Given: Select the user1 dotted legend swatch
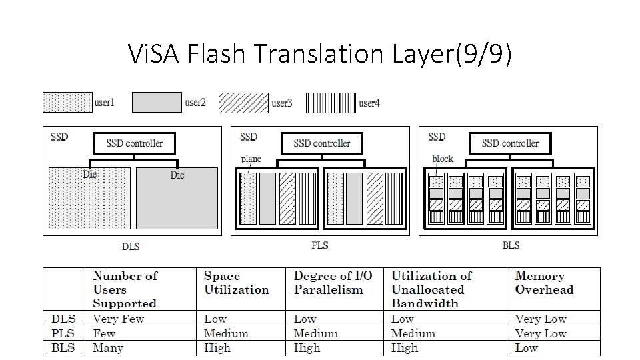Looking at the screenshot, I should point(67,103).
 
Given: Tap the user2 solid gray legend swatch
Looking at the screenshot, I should point(157,103).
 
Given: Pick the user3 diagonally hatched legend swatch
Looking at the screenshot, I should point(243,103).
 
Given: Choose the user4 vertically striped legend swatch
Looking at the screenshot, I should point(331,103).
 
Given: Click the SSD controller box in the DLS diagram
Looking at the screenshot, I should point(134,143).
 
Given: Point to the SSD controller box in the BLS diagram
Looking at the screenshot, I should point(510,143).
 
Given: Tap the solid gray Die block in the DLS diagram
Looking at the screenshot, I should point(177,199).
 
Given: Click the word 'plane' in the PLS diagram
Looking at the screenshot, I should point(251,159).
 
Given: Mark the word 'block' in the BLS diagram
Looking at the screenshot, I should point(443,159).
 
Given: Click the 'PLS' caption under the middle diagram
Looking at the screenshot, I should point(320,245).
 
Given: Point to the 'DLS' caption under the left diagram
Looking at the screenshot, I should point(131,246).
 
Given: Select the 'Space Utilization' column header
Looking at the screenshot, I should point(236,283).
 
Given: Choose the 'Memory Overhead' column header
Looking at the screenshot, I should point(544,283).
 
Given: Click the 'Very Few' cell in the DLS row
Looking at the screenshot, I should point(118,319).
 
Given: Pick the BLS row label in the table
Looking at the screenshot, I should point(63,347).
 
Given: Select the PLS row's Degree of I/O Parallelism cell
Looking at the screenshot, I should point(315,333).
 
